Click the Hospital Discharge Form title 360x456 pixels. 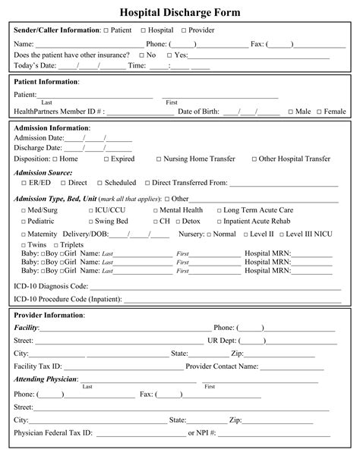point(180,12)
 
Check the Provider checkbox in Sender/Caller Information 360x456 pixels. point(182,30)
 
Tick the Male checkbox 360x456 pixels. point(289,112)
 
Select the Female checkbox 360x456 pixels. point(319,112)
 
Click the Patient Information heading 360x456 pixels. point(46,81)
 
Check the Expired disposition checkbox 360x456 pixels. point(106,159)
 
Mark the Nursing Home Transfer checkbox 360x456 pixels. point(159,159)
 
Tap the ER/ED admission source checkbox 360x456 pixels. point(24,183)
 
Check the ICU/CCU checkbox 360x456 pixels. point(90,210)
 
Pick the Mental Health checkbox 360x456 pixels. point(155,210)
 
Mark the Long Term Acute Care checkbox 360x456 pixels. point(219,210)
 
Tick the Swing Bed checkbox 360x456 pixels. point(90,222)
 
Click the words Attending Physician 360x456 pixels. point(45,379)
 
